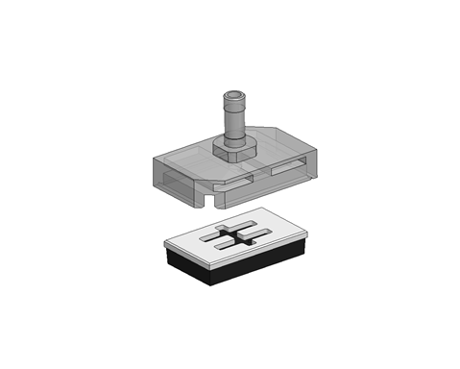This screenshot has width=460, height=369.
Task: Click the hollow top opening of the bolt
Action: (235, 95)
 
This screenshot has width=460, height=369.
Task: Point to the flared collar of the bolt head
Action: (235, 104)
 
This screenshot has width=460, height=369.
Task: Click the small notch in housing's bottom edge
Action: (212, 202)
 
